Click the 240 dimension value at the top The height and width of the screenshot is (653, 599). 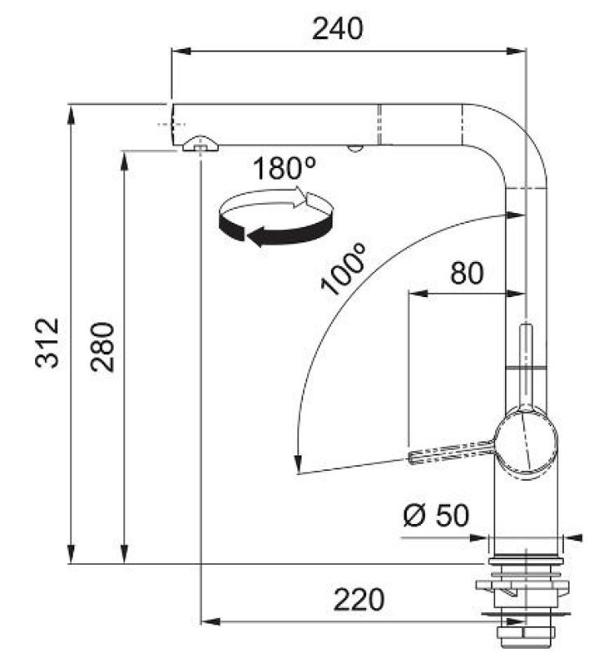coord(337,29)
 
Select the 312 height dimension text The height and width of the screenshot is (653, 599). coord(48,342)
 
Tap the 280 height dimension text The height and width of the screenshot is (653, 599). coord(103,347)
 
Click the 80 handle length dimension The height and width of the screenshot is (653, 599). coord(467,273)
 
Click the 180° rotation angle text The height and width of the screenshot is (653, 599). coord(284,169)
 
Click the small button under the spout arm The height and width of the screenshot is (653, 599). coord(354,149)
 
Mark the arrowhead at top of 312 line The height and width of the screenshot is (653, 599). coord(71,111)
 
